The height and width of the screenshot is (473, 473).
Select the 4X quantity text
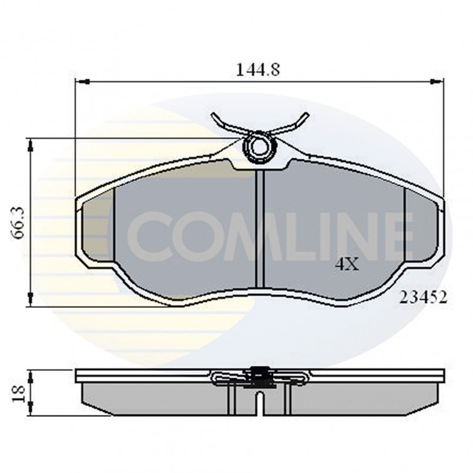[346, 265]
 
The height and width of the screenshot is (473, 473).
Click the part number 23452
[423, 298]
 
